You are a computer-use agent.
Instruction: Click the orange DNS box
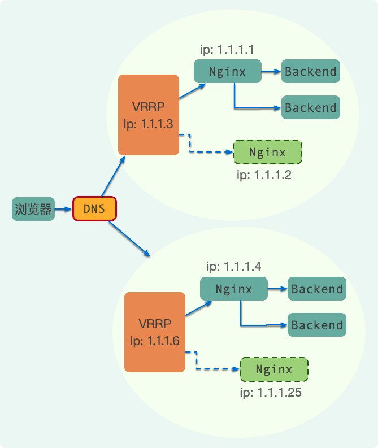[x=94, y=209]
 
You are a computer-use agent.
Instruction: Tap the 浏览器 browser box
[x=33, y=209]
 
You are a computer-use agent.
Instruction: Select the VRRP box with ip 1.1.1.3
[x=149, y=115]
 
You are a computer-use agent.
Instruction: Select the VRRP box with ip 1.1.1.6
[x=155, y=332]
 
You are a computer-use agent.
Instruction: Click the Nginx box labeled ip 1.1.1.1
[x=227, y=72]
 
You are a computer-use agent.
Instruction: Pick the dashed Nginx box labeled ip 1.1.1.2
[x=268, y=153]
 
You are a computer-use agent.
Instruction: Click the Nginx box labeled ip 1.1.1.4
[x=234, y=289]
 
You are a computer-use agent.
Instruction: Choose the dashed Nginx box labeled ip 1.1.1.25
[x=274, y=369]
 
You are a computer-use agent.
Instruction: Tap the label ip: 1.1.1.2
[x=264, y=175]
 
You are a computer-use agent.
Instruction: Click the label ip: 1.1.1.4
[x=233, y=266]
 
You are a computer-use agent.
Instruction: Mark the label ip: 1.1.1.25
[x=270, y=392]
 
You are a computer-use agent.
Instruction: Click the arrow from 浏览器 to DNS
[x=64, y=210]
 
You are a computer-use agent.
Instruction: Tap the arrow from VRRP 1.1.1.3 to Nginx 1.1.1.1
[x=192, y=91]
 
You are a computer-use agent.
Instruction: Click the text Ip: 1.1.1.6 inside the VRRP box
[x=155, y=341]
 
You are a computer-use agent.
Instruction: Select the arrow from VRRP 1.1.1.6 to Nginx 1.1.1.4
[x=198, y=308]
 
